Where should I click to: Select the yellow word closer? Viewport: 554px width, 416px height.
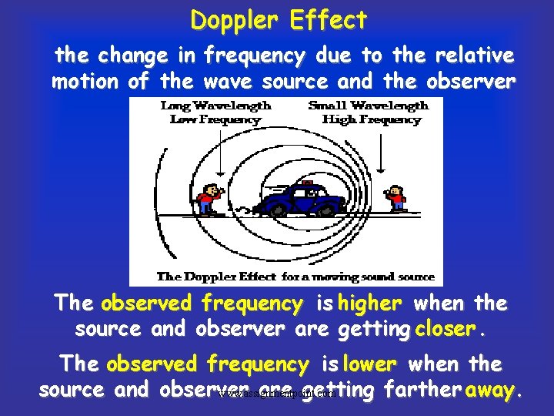445,329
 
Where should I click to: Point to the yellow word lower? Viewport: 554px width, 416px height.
370,364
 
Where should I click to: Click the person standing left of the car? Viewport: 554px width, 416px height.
208,199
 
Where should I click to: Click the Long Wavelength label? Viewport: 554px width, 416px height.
215,106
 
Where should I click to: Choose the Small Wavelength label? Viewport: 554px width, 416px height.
368,106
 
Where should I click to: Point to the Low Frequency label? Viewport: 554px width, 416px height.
215,119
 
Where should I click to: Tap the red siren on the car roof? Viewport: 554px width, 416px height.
306,183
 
